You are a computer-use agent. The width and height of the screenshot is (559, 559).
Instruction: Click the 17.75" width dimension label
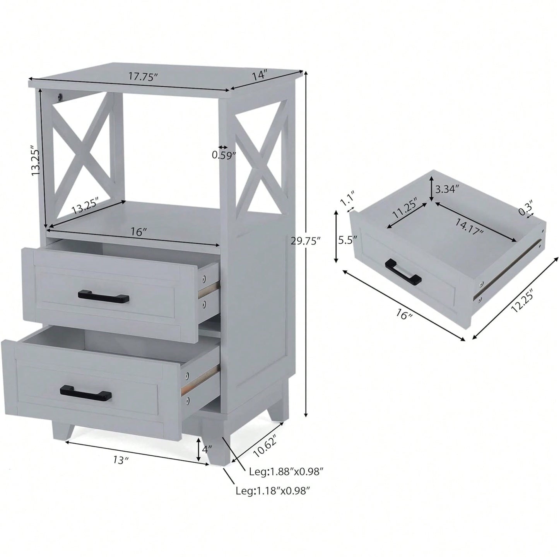pos(144,77)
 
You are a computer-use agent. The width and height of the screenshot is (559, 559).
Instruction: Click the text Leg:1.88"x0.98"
pos(286,472)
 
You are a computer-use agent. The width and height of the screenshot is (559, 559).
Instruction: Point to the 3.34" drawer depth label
pos(447,189)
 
